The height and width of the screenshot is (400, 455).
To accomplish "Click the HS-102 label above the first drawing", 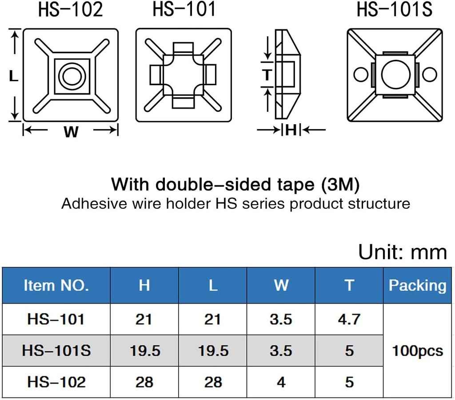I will click(70, 10).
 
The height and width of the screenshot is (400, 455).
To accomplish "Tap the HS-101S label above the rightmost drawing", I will click(395, 10).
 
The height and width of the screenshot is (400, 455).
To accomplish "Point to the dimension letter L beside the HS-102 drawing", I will click(14, 76).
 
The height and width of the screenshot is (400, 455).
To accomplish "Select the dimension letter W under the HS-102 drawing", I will click(71, 132).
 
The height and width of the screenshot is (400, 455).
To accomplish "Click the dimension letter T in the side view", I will click(267, 75).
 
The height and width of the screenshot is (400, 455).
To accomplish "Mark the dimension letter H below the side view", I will click(291, 130).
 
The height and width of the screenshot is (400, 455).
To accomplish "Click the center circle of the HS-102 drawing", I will click(72, 76).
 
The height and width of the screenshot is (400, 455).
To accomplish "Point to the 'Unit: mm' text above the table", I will click(402, 252).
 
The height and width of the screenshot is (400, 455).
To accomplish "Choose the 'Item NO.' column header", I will click(56, 285).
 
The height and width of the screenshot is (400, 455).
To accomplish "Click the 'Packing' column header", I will click(417, 285).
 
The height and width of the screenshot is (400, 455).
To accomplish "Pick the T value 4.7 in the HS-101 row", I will click(349, 319).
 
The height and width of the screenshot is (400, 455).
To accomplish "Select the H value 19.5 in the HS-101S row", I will click(145, 351).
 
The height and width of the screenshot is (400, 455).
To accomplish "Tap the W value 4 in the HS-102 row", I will click(281, 382).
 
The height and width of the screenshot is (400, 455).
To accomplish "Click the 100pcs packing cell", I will click(417, 351).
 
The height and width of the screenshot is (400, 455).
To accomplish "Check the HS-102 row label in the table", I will click(56, 382).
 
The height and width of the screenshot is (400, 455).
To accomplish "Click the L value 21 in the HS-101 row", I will click(213, 319).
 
